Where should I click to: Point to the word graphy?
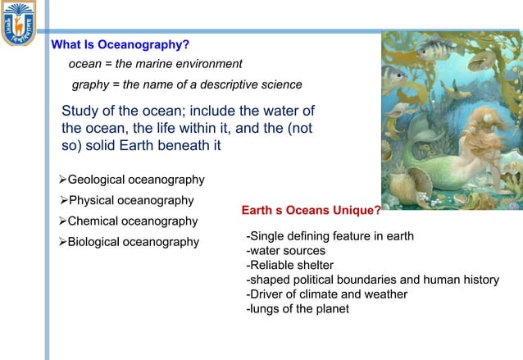click(90, 84)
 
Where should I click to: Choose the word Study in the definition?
click(80, 112)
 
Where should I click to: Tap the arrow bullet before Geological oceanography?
click(62, 180)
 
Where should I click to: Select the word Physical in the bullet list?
click(93, 200)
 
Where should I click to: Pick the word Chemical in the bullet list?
click(93, 221)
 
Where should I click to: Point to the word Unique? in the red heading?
click(356, 211)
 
